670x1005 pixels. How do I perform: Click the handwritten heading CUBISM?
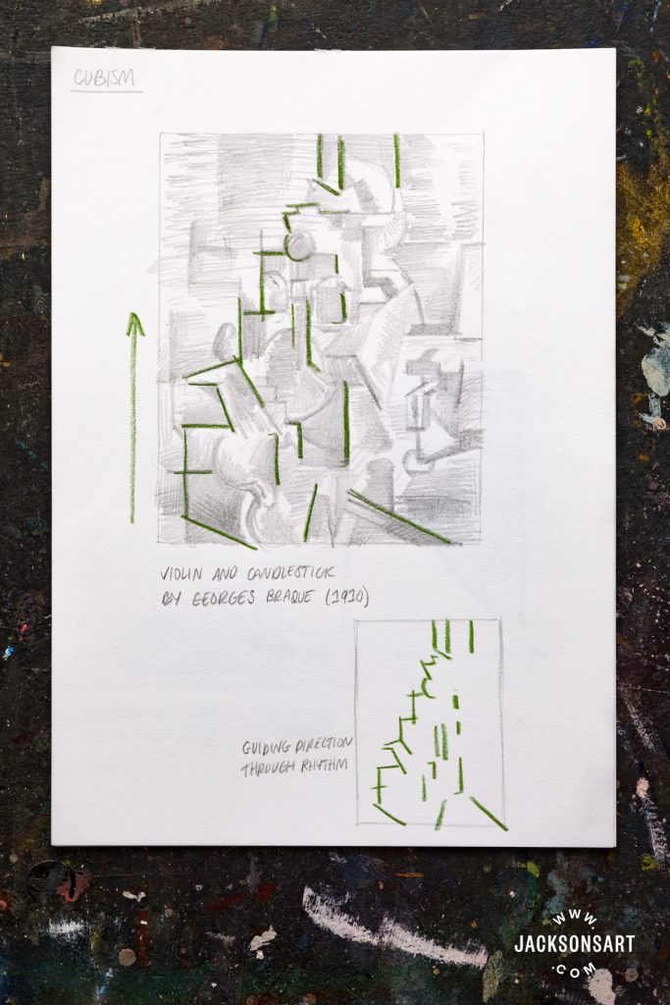(x=106, y=79)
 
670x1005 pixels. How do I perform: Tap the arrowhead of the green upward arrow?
(x=134, y=323)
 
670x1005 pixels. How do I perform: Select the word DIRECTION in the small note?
(x=324, y=746)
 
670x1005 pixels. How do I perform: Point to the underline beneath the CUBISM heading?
(x=106, y=91)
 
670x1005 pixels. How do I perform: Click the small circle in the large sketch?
(x=298, y=245)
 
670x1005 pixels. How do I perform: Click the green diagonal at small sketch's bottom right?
(x=489, y=814)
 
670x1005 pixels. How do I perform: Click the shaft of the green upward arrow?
(x=133, y=432)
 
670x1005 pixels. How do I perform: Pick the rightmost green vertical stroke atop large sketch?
(x=396, y=160)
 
